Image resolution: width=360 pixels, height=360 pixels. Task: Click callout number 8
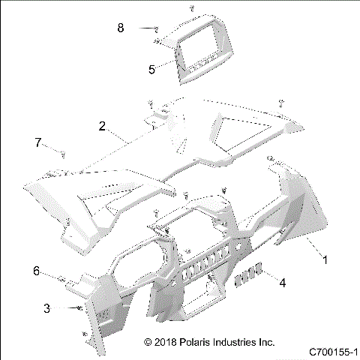click(x=120, y=28)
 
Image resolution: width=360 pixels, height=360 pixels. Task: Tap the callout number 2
click(x=102, y=126)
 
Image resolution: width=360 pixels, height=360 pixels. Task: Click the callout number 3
click(x=46, y=308)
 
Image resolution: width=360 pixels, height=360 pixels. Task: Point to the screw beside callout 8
click(x=155, y=29)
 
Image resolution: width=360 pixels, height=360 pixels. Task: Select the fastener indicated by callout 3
click(x=77, y=308)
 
